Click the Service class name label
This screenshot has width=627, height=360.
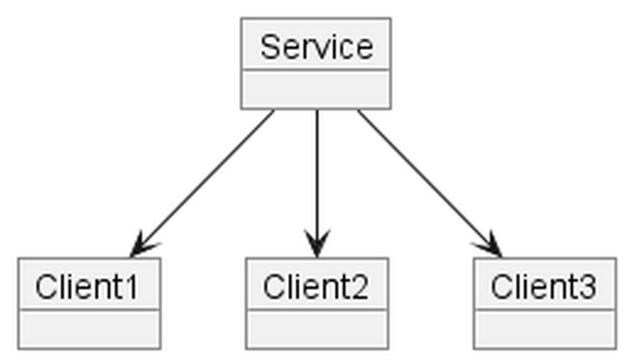point(317,47)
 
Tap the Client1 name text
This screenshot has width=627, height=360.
point(87,287)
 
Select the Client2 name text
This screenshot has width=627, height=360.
point(315,287)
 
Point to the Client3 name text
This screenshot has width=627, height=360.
point(544,287)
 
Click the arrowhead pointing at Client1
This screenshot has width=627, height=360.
point(143,245)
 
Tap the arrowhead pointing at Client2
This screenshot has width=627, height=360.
point(317,243)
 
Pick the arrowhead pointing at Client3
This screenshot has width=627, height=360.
point(489,245)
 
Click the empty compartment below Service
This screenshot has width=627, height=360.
point(316,89)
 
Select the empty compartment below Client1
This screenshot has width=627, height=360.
point(89,329)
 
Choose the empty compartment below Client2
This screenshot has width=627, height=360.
point(317,329)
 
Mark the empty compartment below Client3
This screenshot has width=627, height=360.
point(544,329)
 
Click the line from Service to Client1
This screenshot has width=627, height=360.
point(202,183)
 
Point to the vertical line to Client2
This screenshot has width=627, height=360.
point(317,183)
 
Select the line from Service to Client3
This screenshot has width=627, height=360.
point(430,183)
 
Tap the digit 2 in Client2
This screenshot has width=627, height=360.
point(360,287)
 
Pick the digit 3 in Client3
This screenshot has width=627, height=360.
point(588,287)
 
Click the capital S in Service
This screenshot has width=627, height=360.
point(270,47)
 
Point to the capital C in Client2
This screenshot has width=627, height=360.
point(274,287)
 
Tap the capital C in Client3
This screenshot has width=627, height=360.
point(501,287)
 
